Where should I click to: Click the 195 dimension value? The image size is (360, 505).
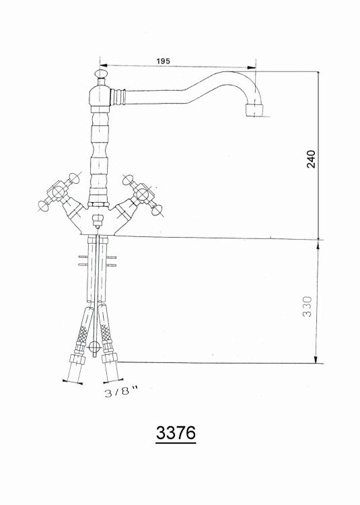tap(163, 61)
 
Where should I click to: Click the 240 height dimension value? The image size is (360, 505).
tap(311, 159)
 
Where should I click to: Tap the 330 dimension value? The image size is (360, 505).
tap(308, 306)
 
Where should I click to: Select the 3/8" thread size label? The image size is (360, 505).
tap(120, 392)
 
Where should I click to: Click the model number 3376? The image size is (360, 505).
tap(176, 432)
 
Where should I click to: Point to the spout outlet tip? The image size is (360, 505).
tap(254, 110)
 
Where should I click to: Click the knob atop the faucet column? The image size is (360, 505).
tap(102, 74)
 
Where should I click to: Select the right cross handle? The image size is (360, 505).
tap(143, 194)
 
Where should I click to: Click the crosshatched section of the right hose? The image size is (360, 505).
tap(105, 333)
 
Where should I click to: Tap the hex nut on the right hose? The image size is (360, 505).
tap(109, 358)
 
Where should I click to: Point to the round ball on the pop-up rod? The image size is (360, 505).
tap(94, 347)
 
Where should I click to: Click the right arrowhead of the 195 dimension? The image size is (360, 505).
tap(252, 67)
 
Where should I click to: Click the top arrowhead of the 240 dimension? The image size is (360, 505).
tap(318, 75)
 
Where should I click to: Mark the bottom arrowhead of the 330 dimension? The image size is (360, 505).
tap(316, 359)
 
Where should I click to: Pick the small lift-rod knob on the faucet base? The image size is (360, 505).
tap(97, 221)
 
